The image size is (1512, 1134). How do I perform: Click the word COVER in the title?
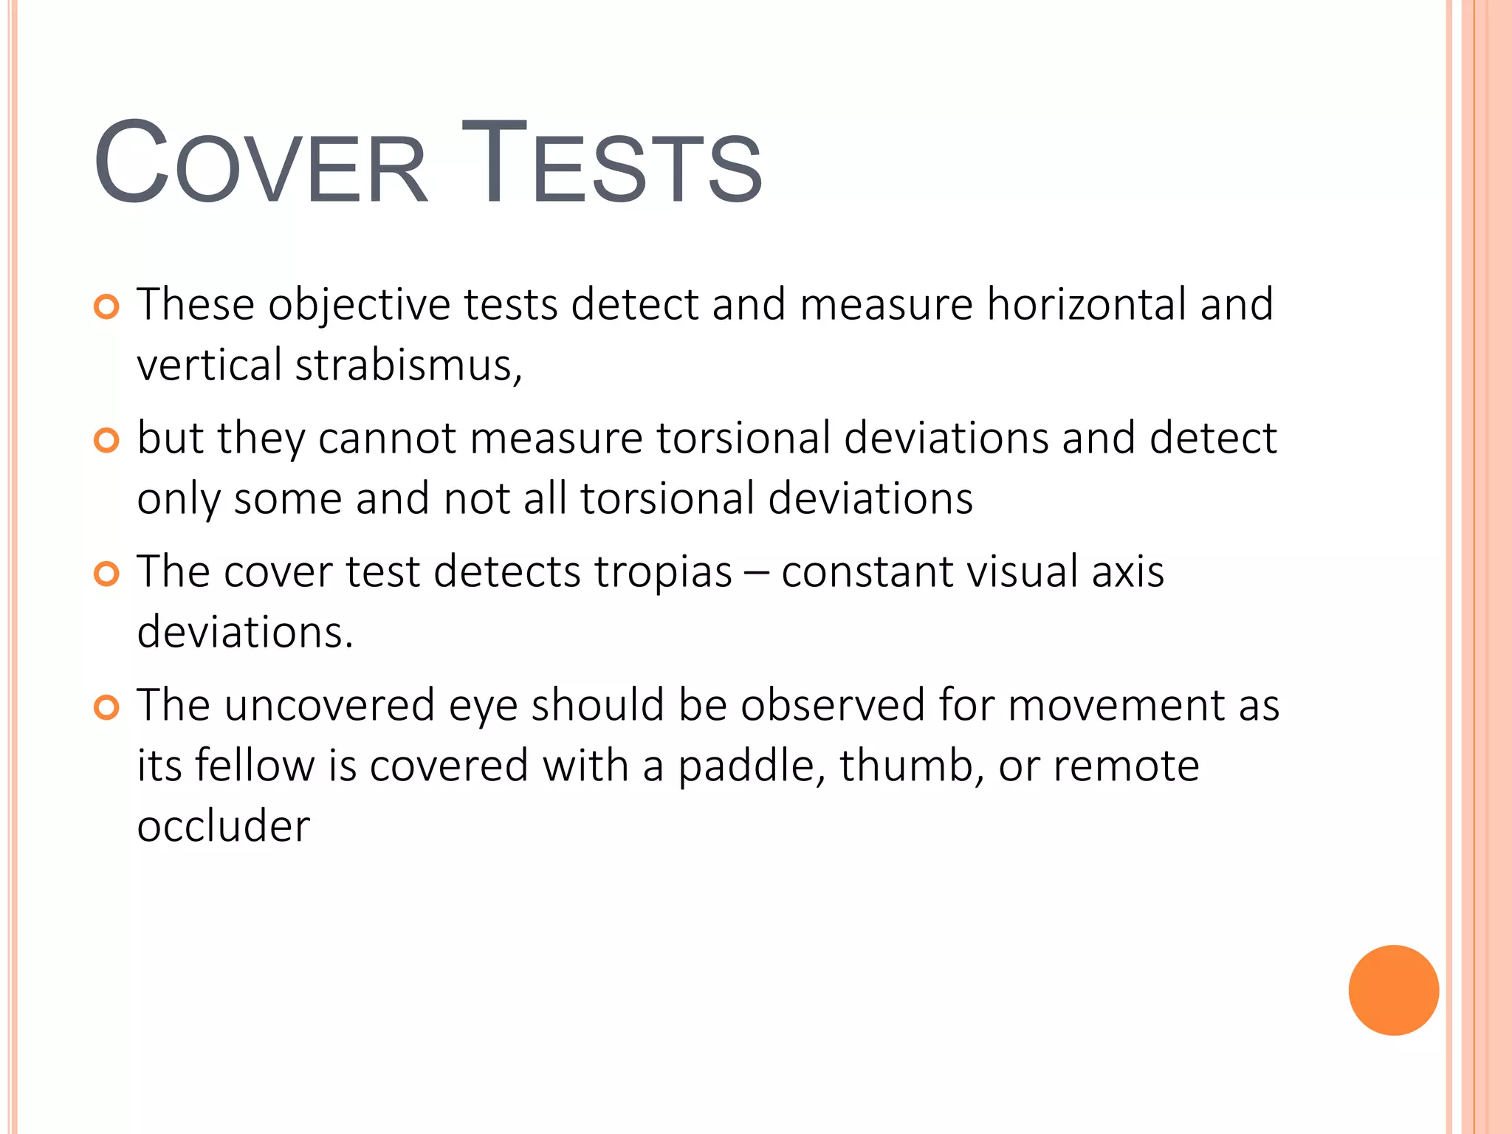260,164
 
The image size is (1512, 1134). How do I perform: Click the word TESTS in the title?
612,164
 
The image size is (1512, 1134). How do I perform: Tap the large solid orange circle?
1393,990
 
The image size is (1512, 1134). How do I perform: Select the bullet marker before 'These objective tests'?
107,306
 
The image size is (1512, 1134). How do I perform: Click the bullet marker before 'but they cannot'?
107,441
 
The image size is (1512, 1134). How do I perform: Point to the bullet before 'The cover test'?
107,574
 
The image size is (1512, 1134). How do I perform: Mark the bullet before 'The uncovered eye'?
107,708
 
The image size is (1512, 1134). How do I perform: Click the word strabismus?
408,365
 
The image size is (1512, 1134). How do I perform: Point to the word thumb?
911,766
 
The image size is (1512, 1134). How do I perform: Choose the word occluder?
223,826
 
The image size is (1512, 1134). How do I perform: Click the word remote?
1126,766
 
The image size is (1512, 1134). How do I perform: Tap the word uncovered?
329,706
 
